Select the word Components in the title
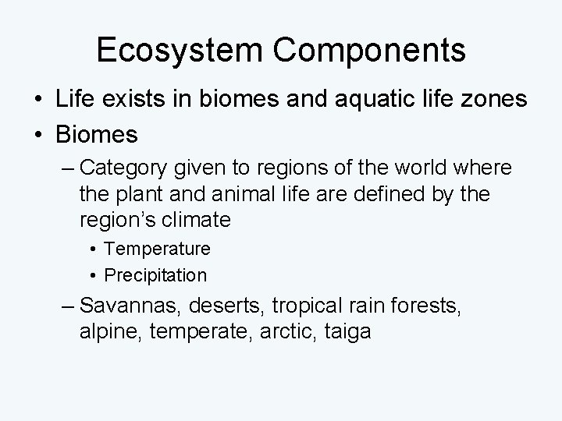coord(372,50)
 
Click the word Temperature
coord(157,249)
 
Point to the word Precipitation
coord(155,275)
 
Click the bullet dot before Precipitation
coord(93,275)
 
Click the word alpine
coord(105,331)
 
